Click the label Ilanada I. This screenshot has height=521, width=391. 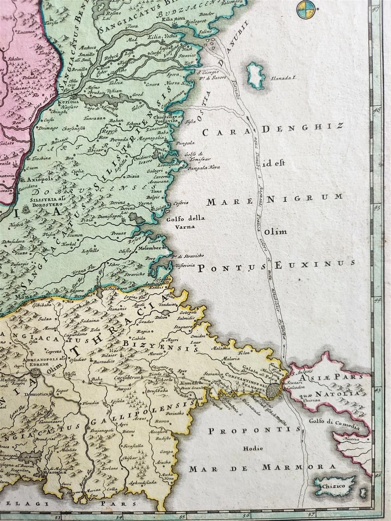tap(284, 78)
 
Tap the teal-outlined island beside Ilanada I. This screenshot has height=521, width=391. tap(256, 75)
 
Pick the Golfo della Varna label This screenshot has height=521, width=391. tap(186, 222)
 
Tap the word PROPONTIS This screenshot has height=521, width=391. tap(254, 430)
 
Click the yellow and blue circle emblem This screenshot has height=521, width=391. tap(306, 9)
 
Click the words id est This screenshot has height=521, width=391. tap(274, 163)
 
